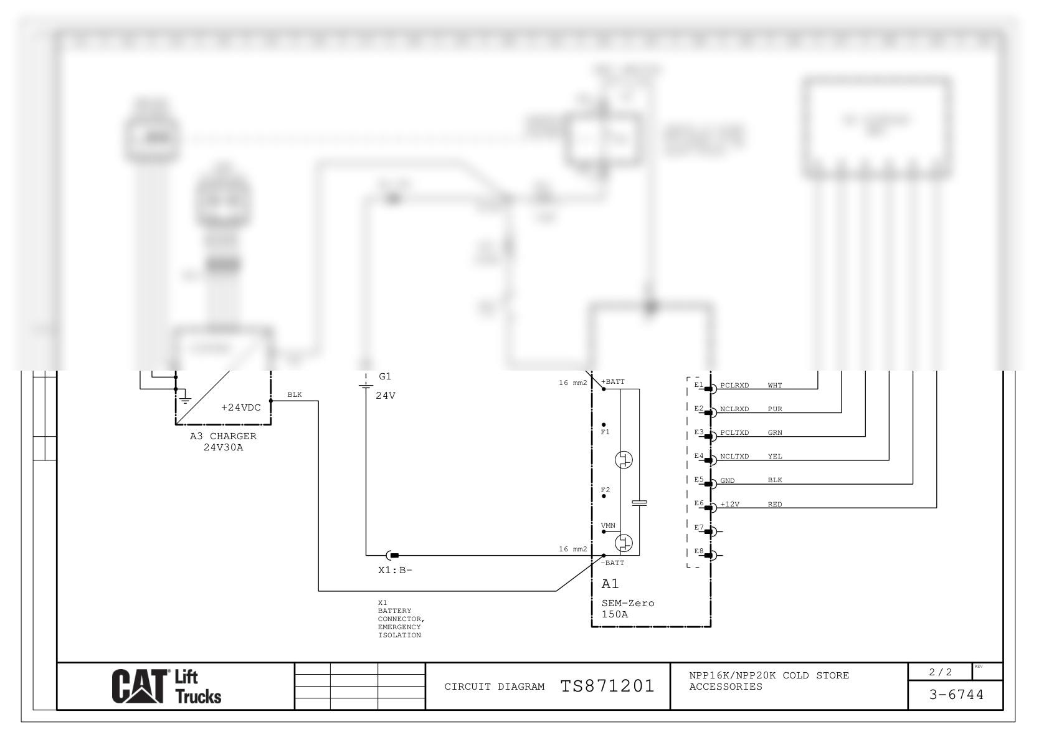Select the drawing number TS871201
(607, 687)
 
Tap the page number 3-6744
(956, 695)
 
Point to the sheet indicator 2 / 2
(940, 672)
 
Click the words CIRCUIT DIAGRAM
(494, 687)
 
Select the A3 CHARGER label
(223, 436)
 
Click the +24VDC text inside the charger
(241, 407)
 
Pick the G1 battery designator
(385, 376)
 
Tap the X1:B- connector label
(395, 570)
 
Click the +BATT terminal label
(613, 381)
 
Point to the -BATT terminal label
(612, 563)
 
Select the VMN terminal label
(608, 526)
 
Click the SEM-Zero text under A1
(628, 603)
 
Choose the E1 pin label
(698, 384)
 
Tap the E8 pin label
(698, 551)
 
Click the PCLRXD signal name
(734, 386)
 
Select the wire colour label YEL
(774, 457)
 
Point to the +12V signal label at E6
(729, 504)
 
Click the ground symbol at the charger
(185, 399)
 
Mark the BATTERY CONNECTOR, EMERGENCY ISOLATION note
(401, 619)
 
